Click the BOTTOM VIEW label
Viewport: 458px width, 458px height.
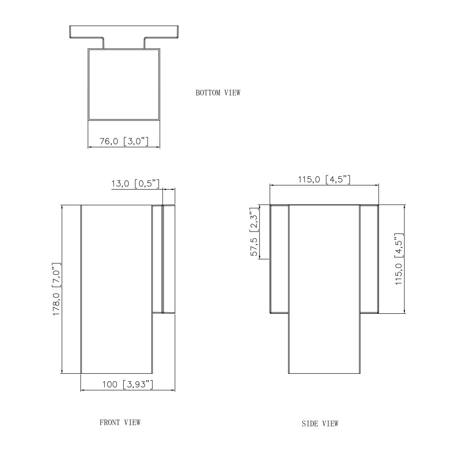click(218, 93)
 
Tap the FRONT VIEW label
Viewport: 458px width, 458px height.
click(120, 422)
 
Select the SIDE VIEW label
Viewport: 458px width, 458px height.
click(320, 423)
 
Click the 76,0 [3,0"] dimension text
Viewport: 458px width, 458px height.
click(124, 142)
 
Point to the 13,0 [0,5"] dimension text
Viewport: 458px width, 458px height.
click(136, 184)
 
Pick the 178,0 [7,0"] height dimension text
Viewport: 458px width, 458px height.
click(56, 289)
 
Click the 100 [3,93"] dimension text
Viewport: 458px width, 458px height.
click(128, 384)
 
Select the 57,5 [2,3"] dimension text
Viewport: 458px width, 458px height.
click(254, 232)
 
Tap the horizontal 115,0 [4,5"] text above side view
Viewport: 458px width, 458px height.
click(324, 179)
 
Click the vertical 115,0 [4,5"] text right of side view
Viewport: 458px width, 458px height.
click(399, 259)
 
